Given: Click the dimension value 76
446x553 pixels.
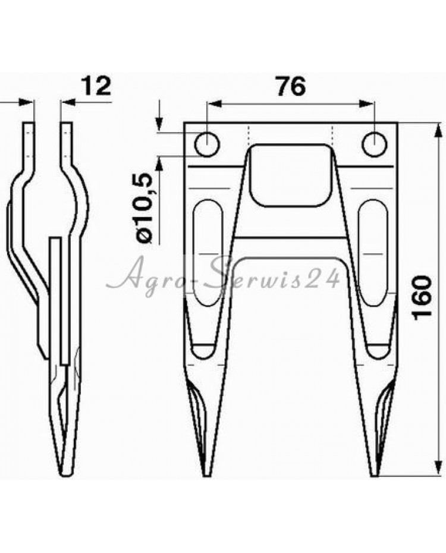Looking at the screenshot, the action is (x=291, y=86).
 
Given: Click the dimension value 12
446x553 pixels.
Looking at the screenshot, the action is (x=96, y=86).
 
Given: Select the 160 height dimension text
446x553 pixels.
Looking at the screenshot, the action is (x=422, y=298).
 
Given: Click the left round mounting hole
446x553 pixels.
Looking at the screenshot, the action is (x=208, y=144).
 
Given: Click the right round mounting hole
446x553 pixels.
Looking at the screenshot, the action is (x=375, y=144).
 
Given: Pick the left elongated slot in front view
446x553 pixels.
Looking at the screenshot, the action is (x=208, y=253).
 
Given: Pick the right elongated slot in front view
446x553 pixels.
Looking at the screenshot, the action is (x=373, y=253).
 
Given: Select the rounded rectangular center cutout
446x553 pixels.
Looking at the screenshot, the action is (x=291, y=175).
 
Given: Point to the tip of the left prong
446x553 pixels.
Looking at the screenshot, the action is (x=208, y=476).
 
